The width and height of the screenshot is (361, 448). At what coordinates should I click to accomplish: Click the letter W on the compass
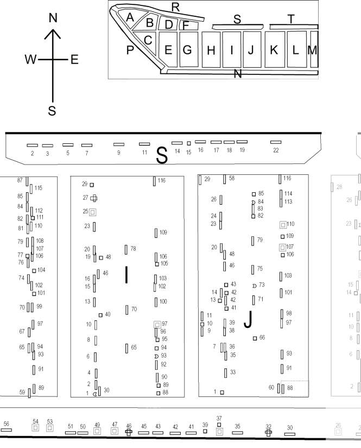(x=31, y=59)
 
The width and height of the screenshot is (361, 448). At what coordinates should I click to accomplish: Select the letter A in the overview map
(x=130, y=17)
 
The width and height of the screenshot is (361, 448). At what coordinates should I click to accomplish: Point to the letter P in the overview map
(x=130, y=50)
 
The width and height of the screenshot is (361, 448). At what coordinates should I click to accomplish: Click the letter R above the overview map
(x=176, y=7)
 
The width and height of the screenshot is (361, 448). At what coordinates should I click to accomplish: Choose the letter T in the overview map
(x=291, y=19)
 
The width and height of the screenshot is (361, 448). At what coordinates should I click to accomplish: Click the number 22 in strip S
(x=276, y=150)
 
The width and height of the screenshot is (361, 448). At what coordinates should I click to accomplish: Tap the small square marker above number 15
(x=189, y=143)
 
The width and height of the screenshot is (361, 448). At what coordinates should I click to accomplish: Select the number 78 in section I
(x=133, y=249)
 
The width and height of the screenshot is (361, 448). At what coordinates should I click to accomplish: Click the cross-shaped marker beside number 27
(x=94, y=198)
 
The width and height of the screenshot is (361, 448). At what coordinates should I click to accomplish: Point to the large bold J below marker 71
(x=249, y=319)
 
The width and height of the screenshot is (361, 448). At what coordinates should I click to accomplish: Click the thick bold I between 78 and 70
(x=126, y=275)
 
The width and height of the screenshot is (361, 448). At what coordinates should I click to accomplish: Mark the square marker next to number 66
(x=255, y=338)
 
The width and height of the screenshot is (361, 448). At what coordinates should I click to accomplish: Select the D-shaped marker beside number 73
(x=255, y=286)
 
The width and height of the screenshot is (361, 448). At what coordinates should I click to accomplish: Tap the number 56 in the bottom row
(x=7, y=424)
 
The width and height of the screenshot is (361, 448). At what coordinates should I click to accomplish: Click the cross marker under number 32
(x=268, y=433)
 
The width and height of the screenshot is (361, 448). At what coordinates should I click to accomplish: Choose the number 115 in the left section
(x=38, y=188)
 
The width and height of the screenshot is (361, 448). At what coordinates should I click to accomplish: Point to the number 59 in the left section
(x=22, y=392)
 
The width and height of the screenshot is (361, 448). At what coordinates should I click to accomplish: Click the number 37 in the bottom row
(x=219, y=418)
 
